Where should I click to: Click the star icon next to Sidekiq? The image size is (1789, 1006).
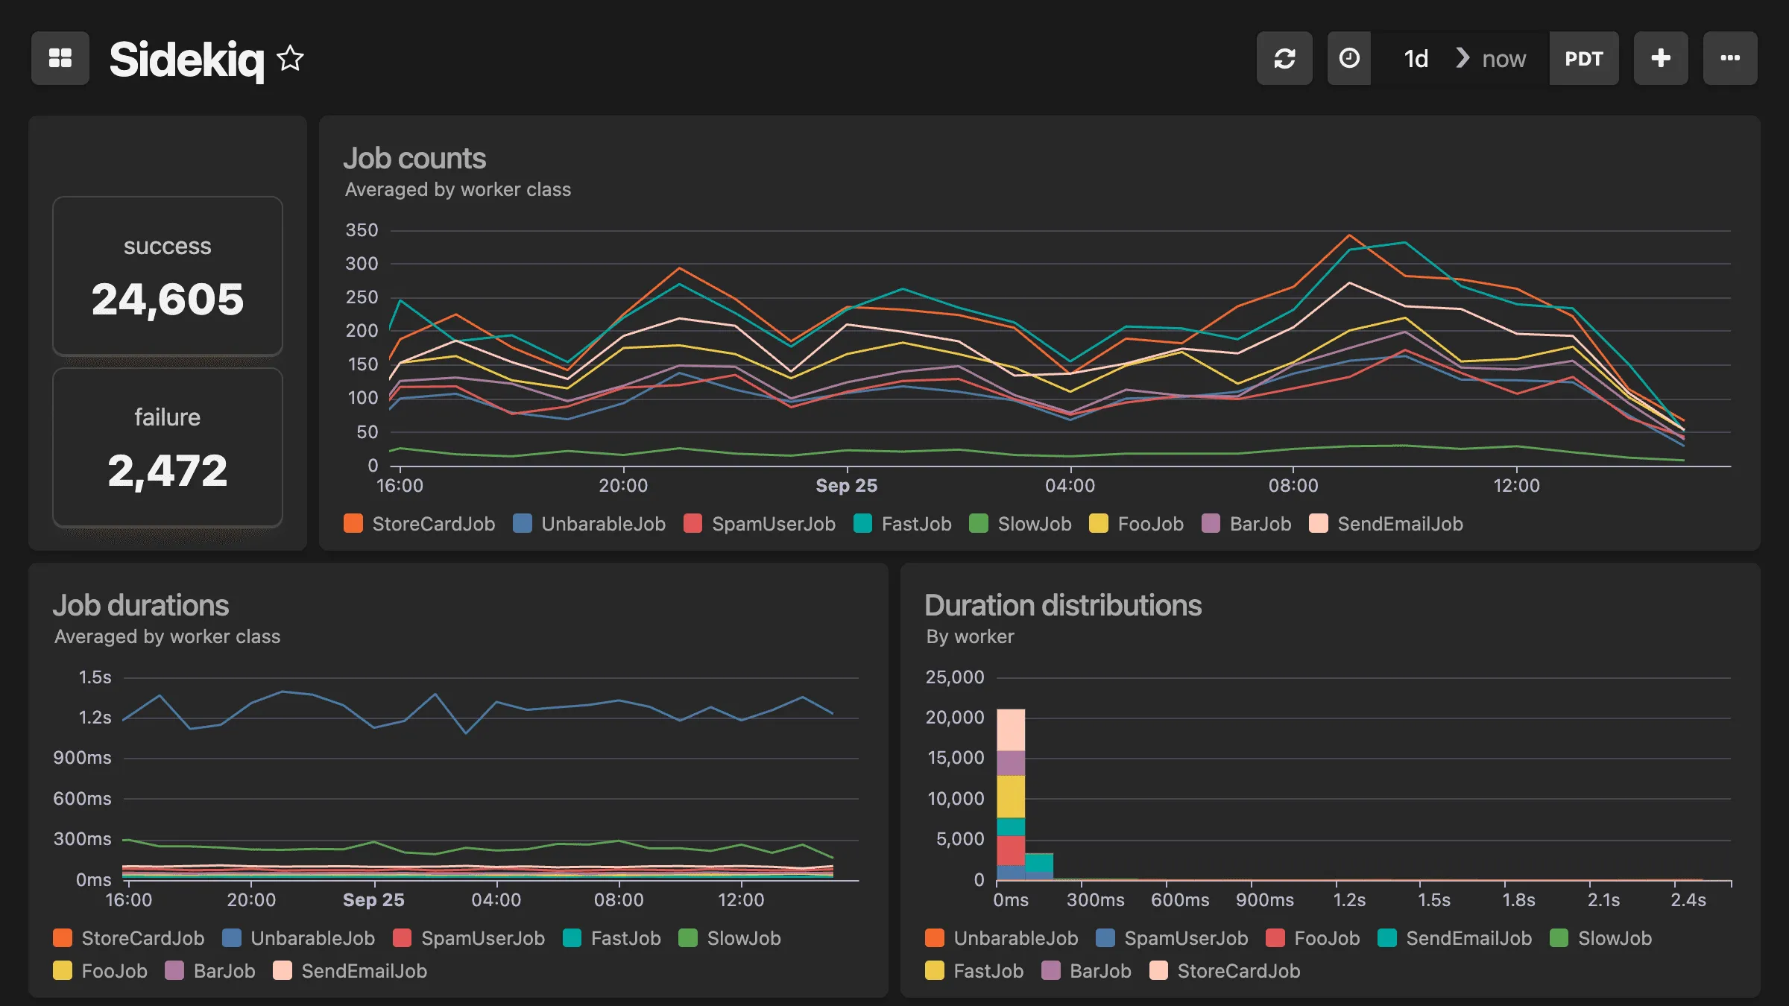pyautogui.click(x=290, y=58)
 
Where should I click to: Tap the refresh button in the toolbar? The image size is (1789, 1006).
pyautogui.click(x=1284, y=58)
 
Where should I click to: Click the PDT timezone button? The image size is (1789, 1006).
pyautogui.click(x=1583, y=58)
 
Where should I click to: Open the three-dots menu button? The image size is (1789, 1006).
pyautogui.click(x=1729, y=58)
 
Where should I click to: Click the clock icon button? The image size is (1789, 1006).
pyautogui.click(x=1348, y=58)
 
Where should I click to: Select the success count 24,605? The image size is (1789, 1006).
pyautogui.click(x=168, y=300)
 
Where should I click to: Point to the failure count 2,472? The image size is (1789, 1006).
pyautogui.click(x=168, y=471)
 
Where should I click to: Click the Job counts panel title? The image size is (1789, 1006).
pyautogui.click(x=414, y=159)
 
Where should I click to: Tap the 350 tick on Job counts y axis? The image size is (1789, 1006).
pyautogui.click(x=362, y=230)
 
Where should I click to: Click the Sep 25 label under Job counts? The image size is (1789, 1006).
pyautogui.click(x=846, y=486)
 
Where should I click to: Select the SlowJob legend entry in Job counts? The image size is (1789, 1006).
pyautogui.click(x=1033, y=524)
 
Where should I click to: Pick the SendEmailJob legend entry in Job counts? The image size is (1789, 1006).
pyautogui.click(x=1399, y=524)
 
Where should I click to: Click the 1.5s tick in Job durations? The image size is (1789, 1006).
pyautogui.click(x=95, y=677)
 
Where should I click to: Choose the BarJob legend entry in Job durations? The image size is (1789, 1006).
pyautogui.click(x=223, y=971)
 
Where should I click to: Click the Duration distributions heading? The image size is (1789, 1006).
pyautogui.click(x=1062, y=606)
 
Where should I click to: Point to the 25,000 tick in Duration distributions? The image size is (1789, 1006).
pyautogui.click(x=954, y=677)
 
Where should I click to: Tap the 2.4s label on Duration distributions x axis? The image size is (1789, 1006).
pyautogui.click(x=1688, y=900)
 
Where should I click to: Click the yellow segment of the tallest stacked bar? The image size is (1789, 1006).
pyautogui.click(x=1011, y=796)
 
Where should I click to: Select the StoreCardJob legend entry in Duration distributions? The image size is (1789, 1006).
pyautogui.click(x=1237, y=971)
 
